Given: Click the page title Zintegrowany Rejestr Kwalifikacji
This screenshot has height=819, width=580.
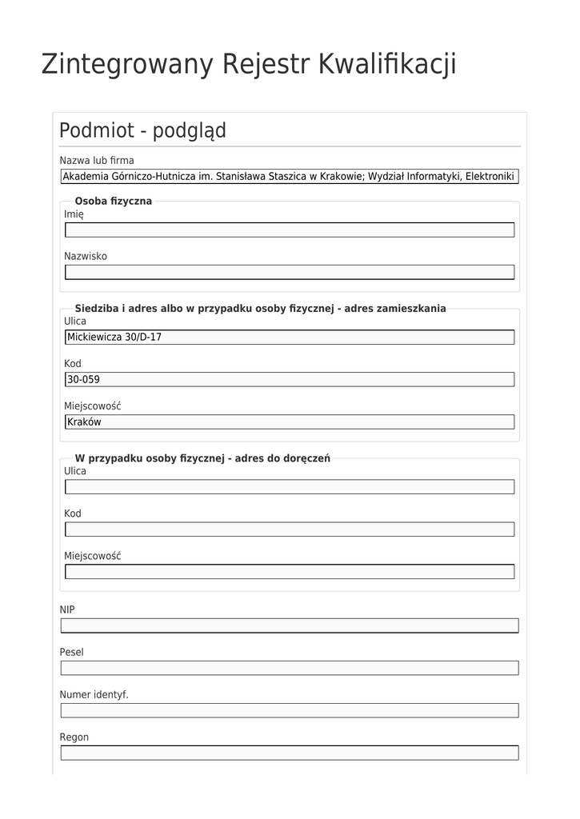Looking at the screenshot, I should coord(249,64).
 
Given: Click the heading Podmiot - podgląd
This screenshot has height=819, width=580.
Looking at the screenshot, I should coord(142,130).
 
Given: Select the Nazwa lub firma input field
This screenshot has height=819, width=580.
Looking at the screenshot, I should coord(289,177).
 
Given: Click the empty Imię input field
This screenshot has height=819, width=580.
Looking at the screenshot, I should coord(289,230).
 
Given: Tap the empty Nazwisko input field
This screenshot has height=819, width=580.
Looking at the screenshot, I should coord(289,272).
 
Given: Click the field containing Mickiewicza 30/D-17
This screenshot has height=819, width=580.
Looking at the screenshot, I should coord(289,338).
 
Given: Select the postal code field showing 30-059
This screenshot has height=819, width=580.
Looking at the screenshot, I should coord(289,379).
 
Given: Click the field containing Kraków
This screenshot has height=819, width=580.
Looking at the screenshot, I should coord(289,421).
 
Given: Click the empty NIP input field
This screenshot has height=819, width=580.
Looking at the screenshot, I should coord(289,625).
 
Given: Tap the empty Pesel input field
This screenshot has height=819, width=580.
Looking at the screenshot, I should coord(289,668).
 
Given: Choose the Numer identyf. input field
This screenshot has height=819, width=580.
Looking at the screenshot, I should coord(289,710).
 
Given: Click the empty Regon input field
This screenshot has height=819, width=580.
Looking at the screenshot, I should coord(289,753).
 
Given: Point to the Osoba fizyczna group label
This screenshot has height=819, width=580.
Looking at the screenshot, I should coord(113,201).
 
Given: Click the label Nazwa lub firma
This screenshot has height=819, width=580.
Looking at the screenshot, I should coord(97,160).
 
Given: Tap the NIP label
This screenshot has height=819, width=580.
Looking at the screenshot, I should coord(67,609).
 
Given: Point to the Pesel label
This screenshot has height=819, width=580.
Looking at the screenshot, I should coord(71,652).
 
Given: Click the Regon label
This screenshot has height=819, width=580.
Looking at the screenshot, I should coord(74,737).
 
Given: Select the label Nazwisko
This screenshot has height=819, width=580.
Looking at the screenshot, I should coord(85,256).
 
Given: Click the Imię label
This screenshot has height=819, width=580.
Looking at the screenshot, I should coord(74,214).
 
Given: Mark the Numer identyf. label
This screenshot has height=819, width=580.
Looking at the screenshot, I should coord(94,694).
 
